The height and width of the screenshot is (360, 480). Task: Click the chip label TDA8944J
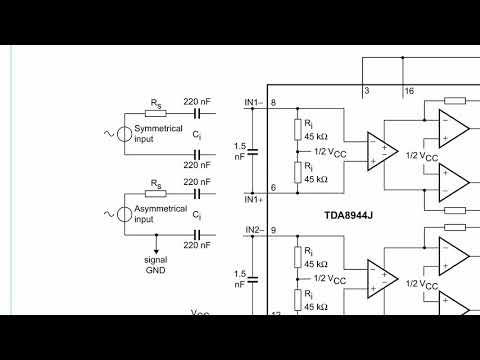[x=349, y=215]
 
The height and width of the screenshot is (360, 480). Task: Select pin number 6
[x=273, y=188]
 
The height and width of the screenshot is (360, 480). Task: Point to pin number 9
[x=273, y=231]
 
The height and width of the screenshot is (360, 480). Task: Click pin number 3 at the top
[x=366, y=91]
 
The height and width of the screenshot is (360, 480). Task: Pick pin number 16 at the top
[x=409, y=91]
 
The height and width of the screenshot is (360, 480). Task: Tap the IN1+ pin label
[x=253, y=199]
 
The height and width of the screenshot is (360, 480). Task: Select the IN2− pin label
[x=253, y=231]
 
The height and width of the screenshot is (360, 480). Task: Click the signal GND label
[x=155, y=264]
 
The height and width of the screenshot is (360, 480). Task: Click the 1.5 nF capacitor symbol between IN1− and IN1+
[x=253, y=151]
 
